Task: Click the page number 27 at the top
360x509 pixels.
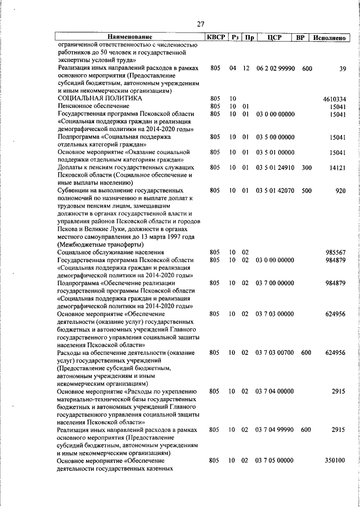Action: pyautogui.click(x=201, y=24)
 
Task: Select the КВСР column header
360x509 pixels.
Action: pyautogui.click(x=215, y=37)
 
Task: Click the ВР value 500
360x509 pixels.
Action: pyautogui.click(x=307, y=191)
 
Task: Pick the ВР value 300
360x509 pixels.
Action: pyautogui.click(x=307, y=168)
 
